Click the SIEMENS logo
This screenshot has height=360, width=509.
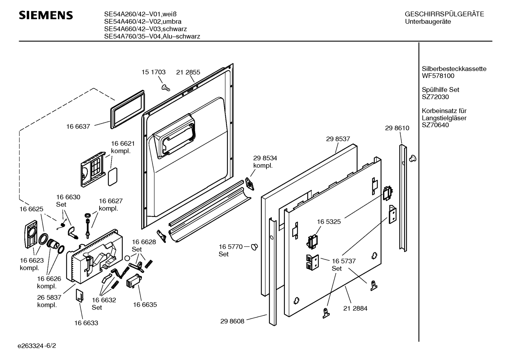pyautogui.click(x=46, y=15)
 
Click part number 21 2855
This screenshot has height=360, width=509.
pyautogui.click(x=188, y=72)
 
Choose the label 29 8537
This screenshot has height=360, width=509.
pyautogui.click(x=338, y=139)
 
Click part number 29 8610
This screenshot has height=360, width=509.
pyautogui.click(x=397, y=128)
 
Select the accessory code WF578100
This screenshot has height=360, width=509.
pyautogui.click(x=438, y=76)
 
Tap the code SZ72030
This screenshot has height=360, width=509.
pyautogui.click(x=435, y=97)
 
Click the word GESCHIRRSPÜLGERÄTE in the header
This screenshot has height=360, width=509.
pyautogui.click(x=444, y=14)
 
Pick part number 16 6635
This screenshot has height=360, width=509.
pyautogui.click(x=145, y=305)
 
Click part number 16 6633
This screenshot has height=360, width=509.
pyautogui.click(x=86, y=323)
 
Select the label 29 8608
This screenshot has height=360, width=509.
pyautogui.click(x=232, y=321)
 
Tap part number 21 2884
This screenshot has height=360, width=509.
pyautogui.click(x=355, y=308)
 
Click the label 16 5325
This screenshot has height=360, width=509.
pyautogui.click(x=329, y=222)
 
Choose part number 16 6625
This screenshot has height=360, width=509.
pyautogui.click(x=31, y=209)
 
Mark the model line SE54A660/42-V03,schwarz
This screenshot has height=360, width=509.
pyautogui.click(x=145, y=29)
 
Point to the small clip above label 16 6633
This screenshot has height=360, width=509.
pyautogui.click(x=79, y=295)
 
